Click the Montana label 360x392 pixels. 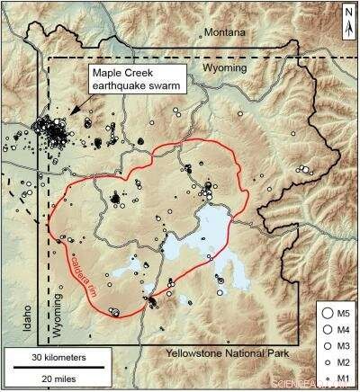pyautogui.click(x=224, y=33)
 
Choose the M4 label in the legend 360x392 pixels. pyautogui.click(x=340, y=330)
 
